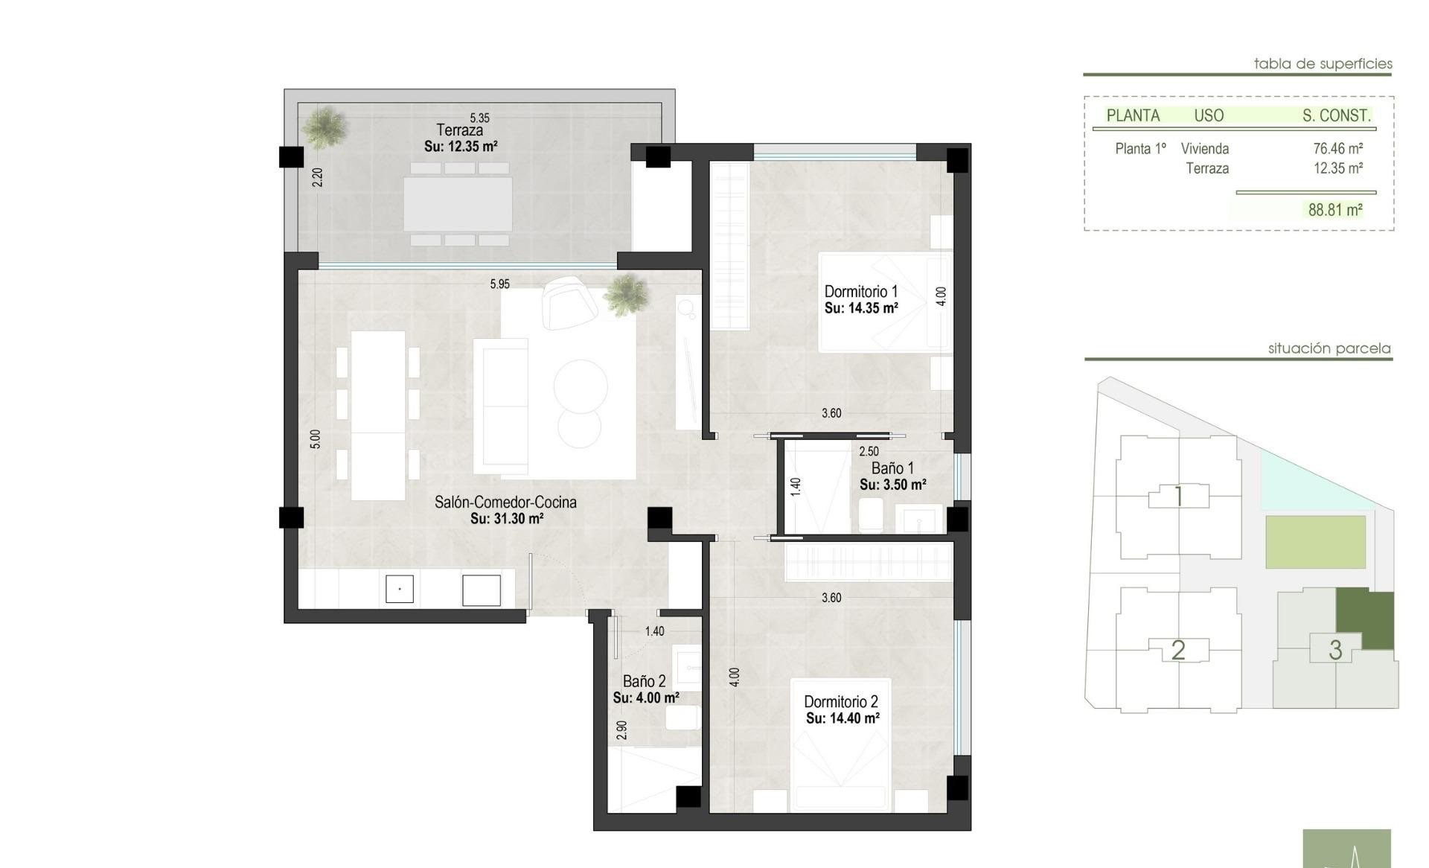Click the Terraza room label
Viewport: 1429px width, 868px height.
tap(459, 130)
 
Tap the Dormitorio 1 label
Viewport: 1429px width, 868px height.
tap(861, 292)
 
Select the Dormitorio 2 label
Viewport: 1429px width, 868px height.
tap(841, 702)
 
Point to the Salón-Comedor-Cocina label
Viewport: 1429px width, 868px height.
tap(505, 502)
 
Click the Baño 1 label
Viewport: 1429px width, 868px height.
tap(892, 468)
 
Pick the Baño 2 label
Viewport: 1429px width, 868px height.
tap(645, 681)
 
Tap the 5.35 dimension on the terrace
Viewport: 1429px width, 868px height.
tap(480, 118)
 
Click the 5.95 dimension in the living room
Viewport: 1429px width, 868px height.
tap(500, 284)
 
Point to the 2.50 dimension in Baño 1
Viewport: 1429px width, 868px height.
tap(869, 451)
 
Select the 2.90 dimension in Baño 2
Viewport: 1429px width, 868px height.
tap(621, 730)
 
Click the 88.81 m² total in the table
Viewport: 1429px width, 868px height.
tap(1335, 210)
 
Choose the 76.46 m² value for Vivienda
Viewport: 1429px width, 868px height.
tap(1338, 149)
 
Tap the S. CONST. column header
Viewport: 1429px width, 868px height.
tap(1336, 115)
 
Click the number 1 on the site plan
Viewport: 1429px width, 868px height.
tap(1179, 496)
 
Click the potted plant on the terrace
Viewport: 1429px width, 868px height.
tap(325, 127)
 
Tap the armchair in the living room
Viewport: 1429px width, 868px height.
tap(569, 301)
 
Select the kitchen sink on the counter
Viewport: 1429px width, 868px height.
tap(400, 589)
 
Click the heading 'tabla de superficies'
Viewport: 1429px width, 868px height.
tap(1323, 64)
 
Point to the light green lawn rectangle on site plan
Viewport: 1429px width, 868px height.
tap(1316, 542)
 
